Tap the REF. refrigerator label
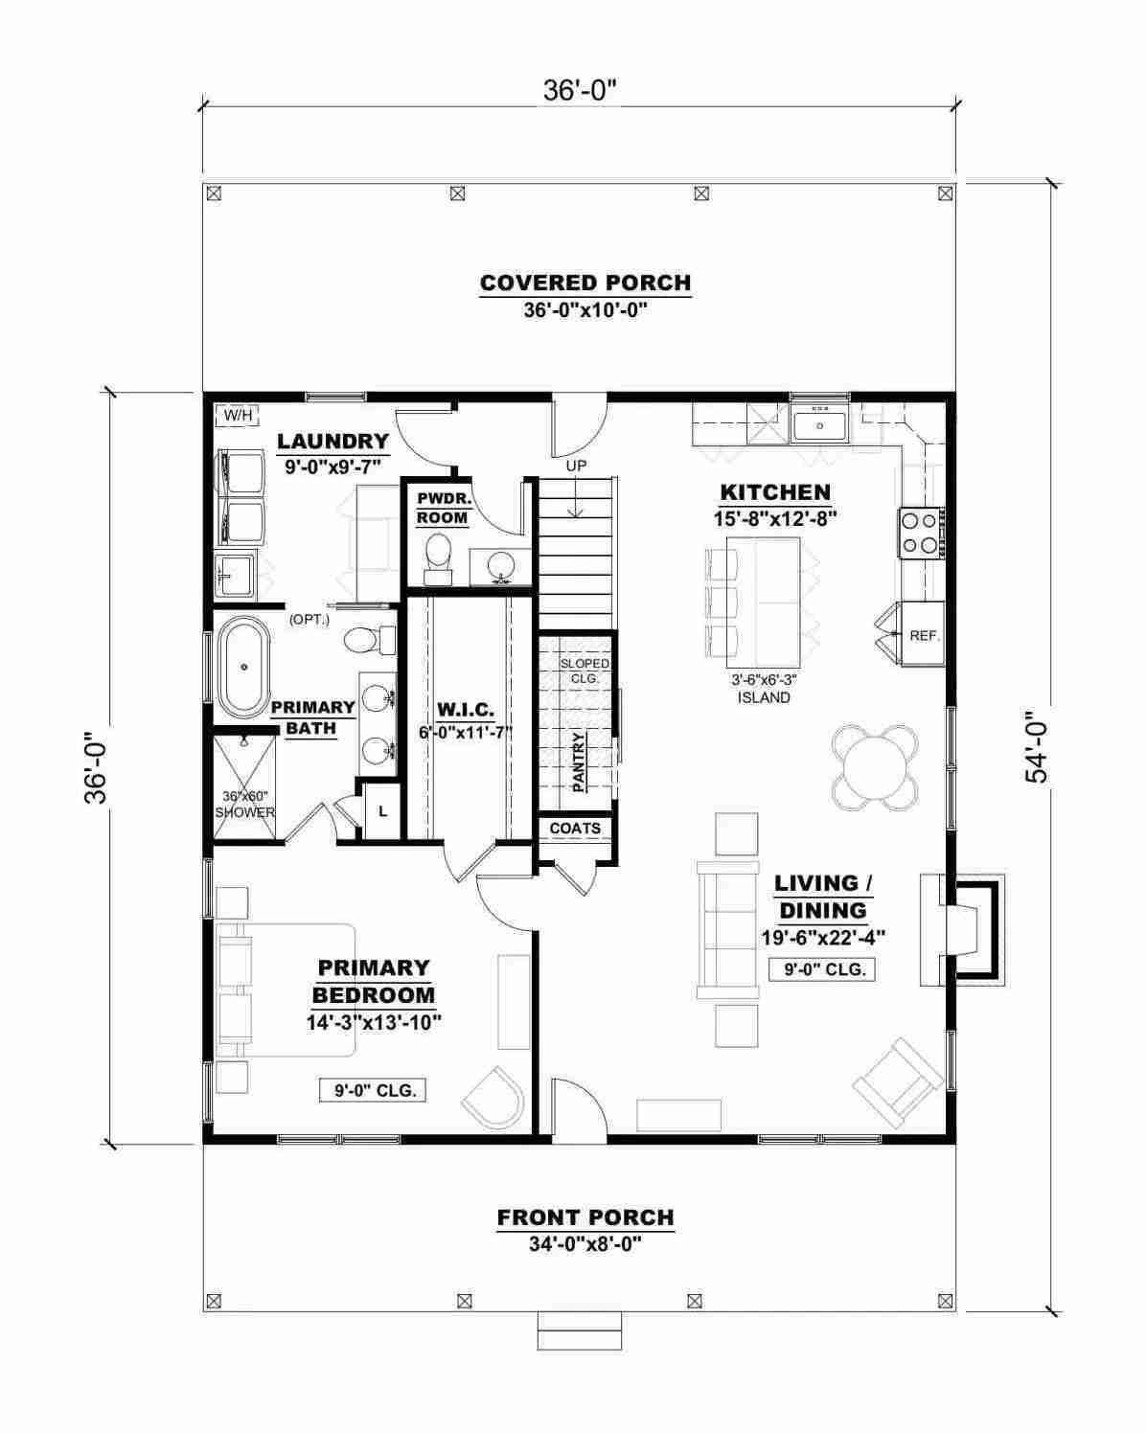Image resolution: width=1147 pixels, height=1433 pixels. pyautogui.click(x=924, y=635)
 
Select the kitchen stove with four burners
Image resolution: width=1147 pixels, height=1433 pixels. pyautogui.click(x=921, y=533)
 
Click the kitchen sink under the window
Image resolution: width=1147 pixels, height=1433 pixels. pyautogui.click(x=819, y=424)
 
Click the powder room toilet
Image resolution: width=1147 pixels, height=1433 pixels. pyautogui.click(x=438, y=558)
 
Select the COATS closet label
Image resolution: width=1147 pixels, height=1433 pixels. pyautogui.click(x=575, y=829)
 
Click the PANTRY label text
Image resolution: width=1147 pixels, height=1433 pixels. pyautogui.click(x=579, y=762)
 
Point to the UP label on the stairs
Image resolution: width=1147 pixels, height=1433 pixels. pyautogui.click(x=576, y=466)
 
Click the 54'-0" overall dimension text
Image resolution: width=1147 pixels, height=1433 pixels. pyautogui.click(x=1036, y=745)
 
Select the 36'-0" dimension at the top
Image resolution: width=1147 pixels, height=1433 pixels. pyautogui.click(x=580, y=90)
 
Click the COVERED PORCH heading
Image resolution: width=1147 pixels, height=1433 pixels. pyautogui.click(x=585, y=283)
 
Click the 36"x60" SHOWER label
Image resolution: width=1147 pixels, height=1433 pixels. pyautogui.click(x=244, y=805)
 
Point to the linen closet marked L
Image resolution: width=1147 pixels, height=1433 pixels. pyautogui.click(x=382, y=811)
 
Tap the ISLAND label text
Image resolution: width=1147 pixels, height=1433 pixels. pyautogui.click(x=764, y=698)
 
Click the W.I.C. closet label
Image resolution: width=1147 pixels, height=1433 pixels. pyautogui.click(x=466, y=709)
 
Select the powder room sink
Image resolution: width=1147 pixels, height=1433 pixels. pyautogui.click(x=501, y=566)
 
